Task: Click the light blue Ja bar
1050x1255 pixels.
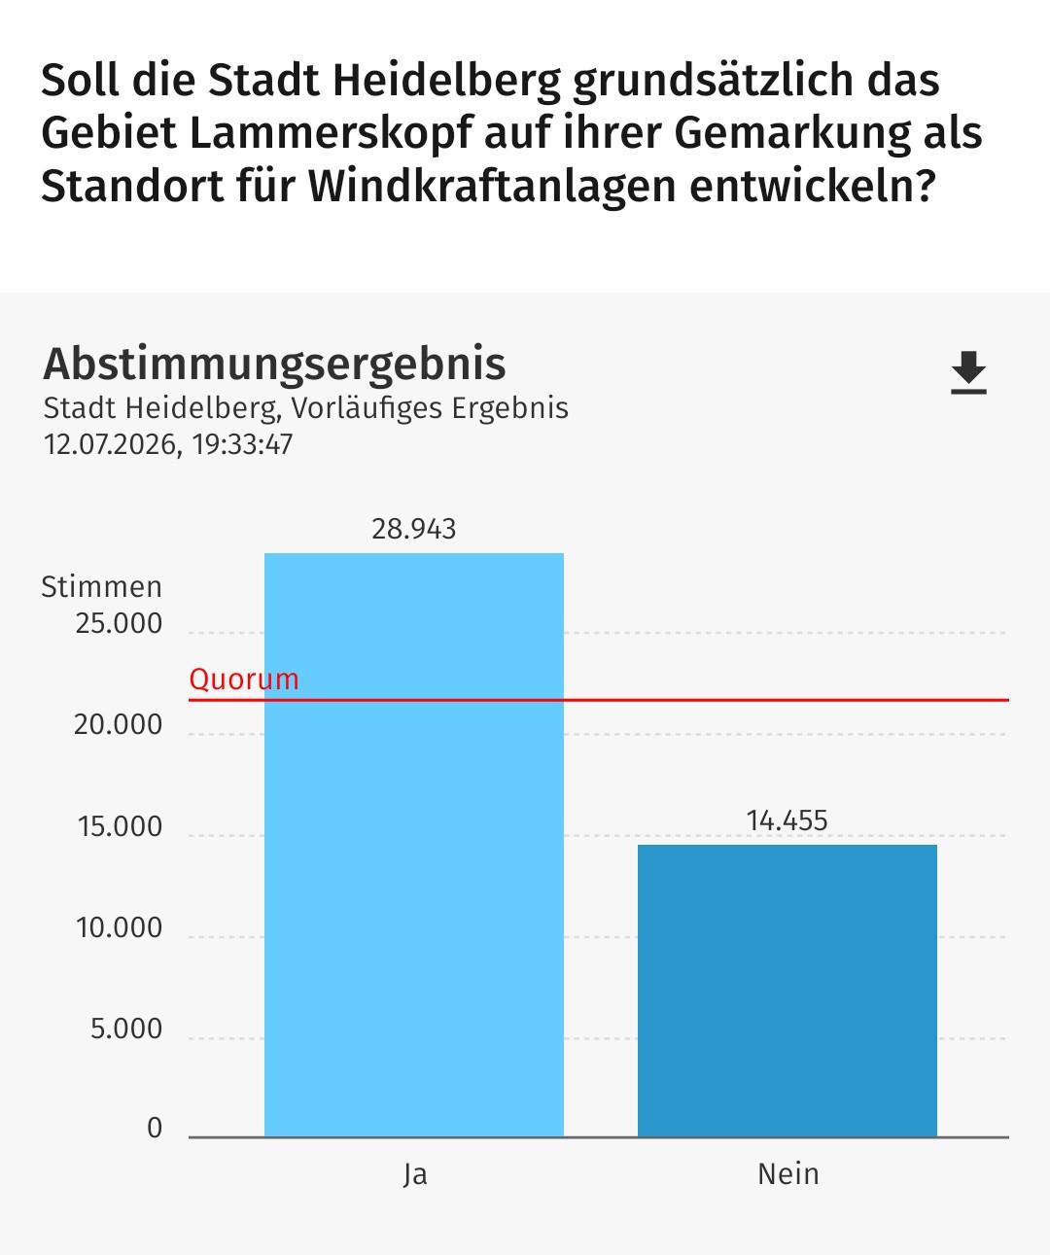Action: coord(414,845)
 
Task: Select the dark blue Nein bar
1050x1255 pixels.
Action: coord(787,992)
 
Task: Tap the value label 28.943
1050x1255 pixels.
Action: coord(414,529)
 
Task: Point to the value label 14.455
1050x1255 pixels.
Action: coord(787,820)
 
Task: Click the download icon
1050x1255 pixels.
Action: coord(968,372)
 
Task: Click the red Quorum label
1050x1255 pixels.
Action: coord(244,680)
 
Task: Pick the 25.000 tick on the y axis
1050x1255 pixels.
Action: coord(119,624)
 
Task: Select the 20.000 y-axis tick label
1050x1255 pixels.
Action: coord(119,725)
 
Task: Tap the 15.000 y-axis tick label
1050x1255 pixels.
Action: coord(121,826)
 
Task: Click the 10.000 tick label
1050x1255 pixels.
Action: coord(120,928)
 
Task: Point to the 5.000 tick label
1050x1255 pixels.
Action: coord(126,1029)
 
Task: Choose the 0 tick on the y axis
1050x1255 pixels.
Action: coord(155,1129)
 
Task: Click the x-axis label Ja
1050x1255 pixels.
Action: coord(415,1174)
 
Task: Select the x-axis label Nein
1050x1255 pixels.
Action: coord(788,1174)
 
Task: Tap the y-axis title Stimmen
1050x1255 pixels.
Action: coord(101,587)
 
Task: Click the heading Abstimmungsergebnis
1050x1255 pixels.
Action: coord(275,365)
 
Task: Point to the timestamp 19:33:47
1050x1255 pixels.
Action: coord(242,445)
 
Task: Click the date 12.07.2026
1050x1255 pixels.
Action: coord(111,445)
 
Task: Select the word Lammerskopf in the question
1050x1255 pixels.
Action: coord(332,133)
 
